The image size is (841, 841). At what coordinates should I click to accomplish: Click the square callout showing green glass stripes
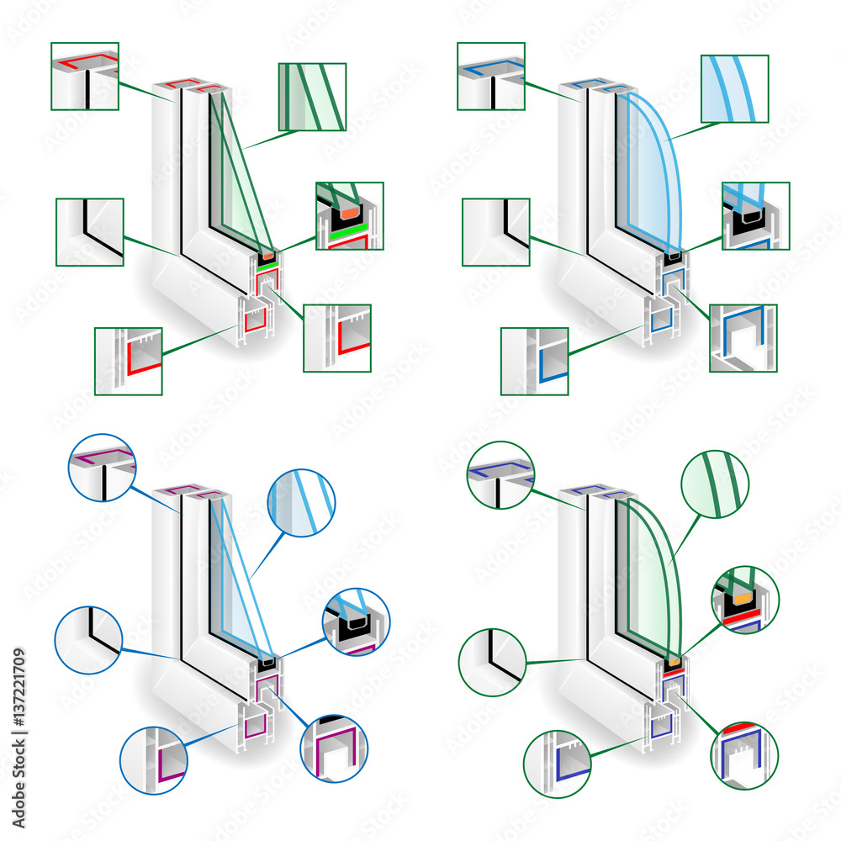tap(312, 97)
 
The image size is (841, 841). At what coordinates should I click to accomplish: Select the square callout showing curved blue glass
tap(734, 89)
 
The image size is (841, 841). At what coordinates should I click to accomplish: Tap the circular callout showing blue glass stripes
tap(301, 503)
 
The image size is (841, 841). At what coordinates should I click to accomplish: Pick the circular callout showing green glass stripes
tap(716, 484)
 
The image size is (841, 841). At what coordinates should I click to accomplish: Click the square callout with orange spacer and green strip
tap(349, 215)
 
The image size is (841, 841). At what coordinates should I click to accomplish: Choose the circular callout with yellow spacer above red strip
tap(745, 600)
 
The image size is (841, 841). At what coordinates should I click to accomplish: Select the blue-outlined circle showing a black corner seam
tap(88, 639)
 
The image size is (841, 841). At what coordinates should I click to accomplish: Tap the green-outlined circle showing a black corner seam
tap(492, 661)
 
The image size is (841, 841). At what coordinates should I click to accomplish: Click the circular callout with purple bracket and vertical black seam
tap(102, 468)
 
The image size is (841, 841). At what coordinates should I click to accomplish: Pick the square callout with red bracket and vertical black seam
tap(85, 76)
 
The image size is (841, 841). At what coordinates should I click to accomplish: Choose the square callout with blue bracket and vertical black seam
tap(491, 76)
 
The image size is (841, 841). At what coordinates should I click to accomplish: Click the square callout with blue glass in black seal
tap(755, 215)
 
